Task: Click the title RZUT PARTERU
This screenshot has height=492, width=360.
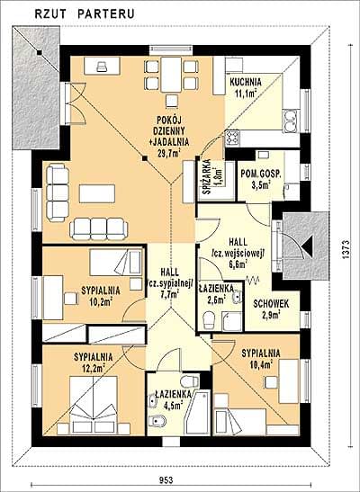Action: pyautogui.click(x=85, y=13)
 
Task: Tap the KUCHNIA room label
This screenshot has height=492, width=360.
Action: pyautogui.click(x=246, y=83)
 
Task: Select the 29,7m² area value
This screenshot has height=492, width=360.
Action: pyautogui.click(x=168, y=154)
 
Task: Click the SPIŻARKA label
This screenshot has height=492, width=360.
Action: pyautogui.click(x=207, y=176)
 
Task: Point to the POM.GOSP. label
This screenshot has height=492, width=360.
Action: pyautogui.click(x=260, y=174)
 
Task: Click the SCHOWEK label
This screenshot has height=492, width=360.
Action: pyautogui.click(x=271, y=304)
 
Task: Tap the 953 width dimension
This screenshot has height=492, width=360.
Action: pyautogui.click(x=166, y=479)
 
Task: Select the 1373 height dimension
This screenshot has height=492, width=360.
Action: pyautogui.click(x=346, y=249)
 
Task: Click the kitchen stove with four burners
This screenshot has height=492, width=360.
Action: pyautogui.click(x=232, y=138)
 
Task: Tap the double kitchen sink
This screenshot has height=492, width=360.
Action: pyautogui.click(x=291, y=121)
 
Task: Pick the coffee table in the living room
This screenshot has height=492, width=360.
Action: pyautogui.click(x=97, y=193)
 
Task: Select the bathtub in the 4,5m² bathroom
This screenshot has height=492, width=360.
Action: pyautogui.click(x=197, y=413)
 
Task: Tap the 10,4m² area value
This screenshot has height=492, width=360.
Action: pyautogui.click(x=261, y=364)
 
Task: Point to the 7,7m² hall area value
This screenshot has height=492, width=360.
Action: pyautogui.click(x=169, y=294)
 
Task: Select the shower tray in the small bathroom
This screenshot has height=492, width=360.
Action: pyautogui.click(x=232, y=321)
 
